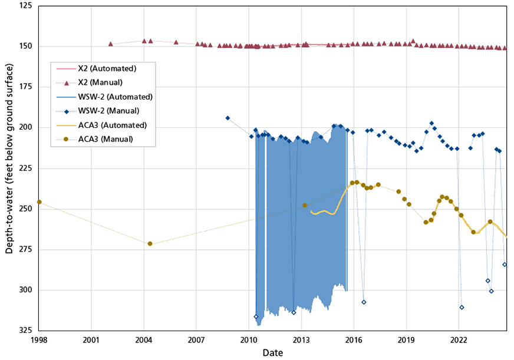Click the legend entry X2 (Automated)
point(107,69)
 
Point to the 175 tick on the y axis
point(25,87)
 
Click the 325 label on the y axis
point(25,331)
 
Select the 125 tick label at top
point(25,6)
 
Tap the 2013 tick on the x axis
point(301,340)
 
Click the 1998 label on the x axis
point(39,340)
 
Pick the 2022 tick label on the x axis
point(459,340)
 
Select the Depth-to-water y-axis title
point(9,169)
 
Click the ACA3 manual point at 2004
point(150,243)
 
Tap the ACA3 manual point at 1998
point(39,202)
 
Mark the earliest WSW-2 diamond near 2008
point(228,118)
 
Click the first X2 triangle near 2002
point(110,44)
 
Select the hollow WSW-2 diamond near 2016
point(364,302)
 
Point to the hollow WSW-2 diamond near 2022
point(462,307)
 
